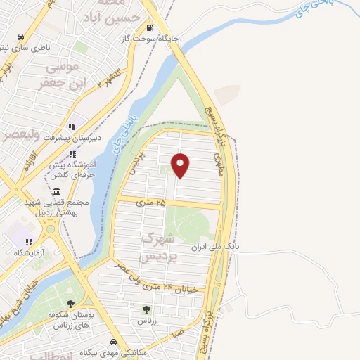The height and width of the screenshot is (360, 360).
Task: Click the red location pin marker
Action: [x=181, y=165]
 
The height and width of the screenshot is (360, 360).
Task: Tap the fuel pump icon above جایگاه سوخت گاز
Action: [x=149, y=28]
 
